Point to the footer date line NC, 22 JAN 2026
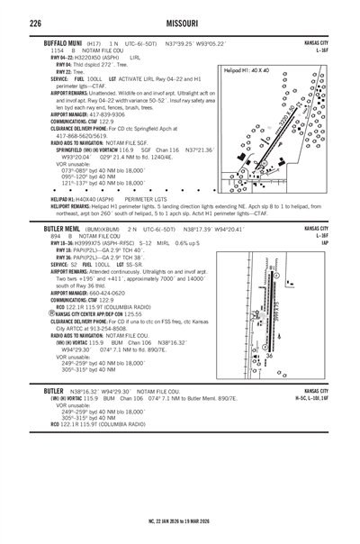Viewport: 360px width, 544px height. coord(179,521)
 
